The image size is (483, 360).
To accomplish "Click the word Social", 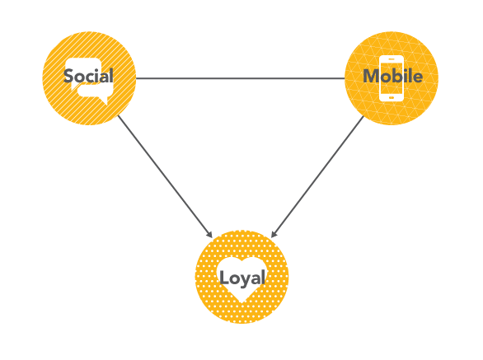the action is coord(88,76).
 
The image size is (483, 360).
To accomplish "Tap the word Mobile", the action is coord(392,76).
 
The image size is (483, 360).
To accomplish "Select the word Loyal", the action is coord(242,278).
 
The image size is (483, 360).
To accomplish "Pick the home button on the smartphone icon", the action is coord(392,98).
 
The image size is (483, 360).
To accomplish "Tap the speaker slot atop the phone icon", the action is coord(392,58).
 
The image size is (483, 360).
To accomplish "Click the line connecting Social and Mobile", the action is coord(241,78).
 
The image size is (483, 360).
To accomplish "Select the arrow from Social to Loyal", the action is coord(165,176).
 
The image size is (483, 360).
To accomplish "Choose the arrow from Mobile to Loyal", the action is coord(317,177).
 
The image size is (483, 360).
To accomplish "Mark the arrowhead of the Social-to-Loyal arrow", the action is coord(210,235).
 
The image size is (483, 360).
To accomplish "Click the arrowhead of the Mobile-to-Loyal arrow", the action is coord(274,234).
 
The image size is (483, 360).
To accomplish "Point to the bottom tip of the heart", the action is coord(242,303).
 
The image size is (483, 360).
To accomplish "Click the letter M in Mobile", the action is coord(371,76).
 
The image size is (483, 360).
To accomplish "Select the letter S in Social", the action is coord(68,76).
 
